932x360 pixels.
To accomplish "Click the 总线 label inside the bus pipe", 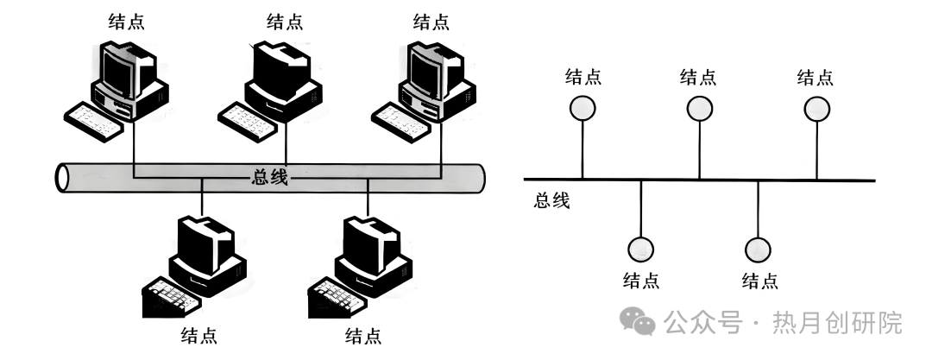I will coord(265,179).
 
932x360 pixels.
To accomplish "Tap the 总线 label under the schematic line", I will coord(552,201).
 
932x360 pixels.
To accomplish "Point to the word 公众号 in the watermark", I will coord(702,324).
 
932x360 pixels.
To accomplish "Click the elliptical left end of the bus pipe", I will coord(62,178).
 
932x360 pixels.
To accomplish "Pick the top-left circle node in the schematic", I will coord(582,108).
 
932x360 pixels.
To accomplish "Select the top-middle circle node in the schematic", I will coord(699,108).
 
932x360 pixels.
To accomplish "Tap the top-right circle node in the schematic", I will coord(816,108).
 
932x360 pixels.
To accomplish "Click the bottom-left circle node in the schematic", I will coord(640,249).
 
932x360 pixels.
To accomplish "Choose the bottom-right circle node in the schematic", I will coord(758,249).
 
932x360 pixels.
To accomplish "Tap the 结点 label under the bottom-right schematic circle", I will coord(759,280).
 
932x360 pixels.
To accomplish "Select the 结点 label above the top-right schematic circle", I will coord(815,77).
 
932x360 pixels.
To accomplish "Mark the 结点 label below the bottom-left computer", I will coord(198,334).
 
